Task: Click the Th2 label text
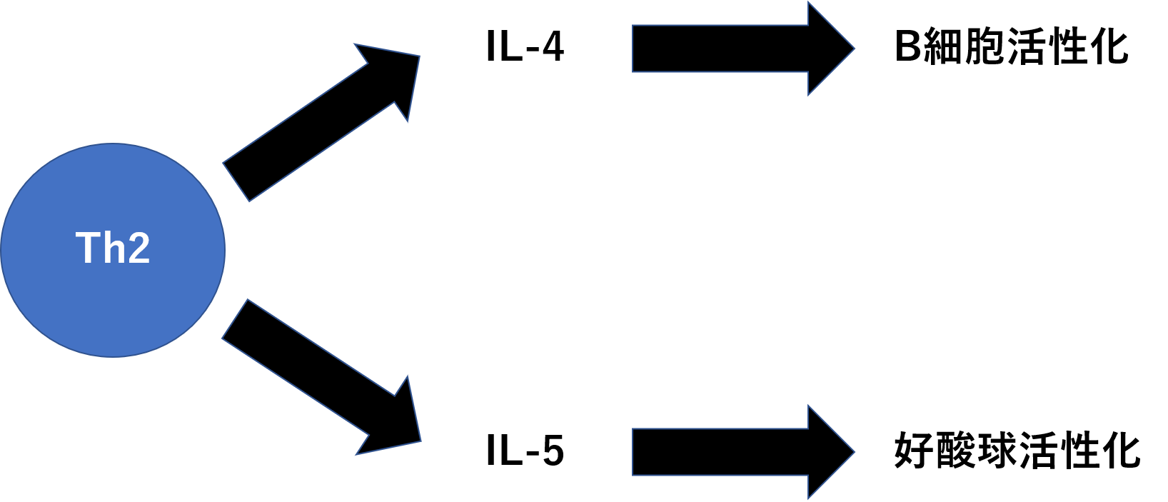[113, 249]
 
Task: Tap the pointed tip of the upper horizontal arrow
[853, 49]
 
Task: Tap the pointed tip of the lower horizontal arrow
[853, 452]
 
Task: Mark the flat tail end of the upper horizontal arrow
[634, 49]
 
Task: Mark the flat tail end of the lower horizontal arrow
[634, 452]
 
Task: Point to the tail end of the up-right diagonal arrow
[236, 181]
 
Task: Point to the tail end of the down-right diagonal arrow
[235, 319]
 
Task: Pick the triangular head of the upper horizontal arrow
[828, 49]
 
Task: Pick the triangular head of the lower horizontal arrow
[828, 452]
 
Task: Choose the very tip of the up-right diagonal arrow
[418, 57]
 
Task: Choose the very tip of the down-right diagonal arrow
[420, 440]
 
